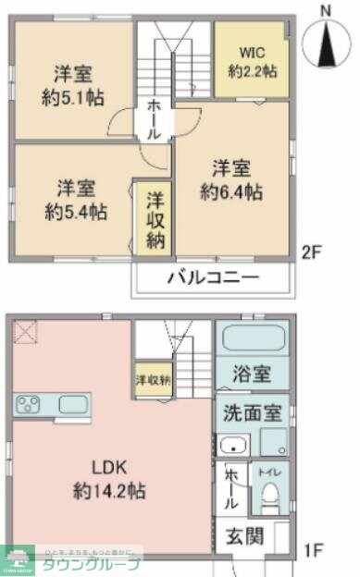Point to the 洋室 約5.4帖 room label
coord(78,198)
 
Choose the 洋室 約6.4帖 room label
coord(231,180)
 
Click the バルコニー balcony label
coord(213,277)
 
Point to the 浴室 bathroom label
coord(252,374)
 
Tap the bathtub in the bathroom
coord(253,338)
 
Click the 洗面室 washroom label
coord(252,411)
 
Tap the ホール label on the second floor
coord(154,119)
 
